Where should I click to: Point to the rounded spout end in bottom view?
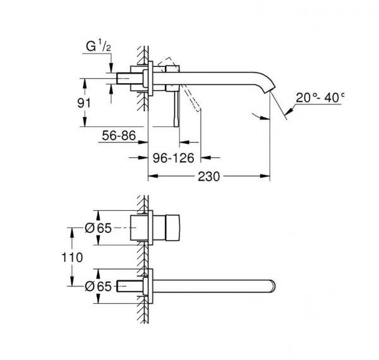[273, 286]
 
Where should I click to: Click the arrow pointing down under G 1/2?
[110, 66]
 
